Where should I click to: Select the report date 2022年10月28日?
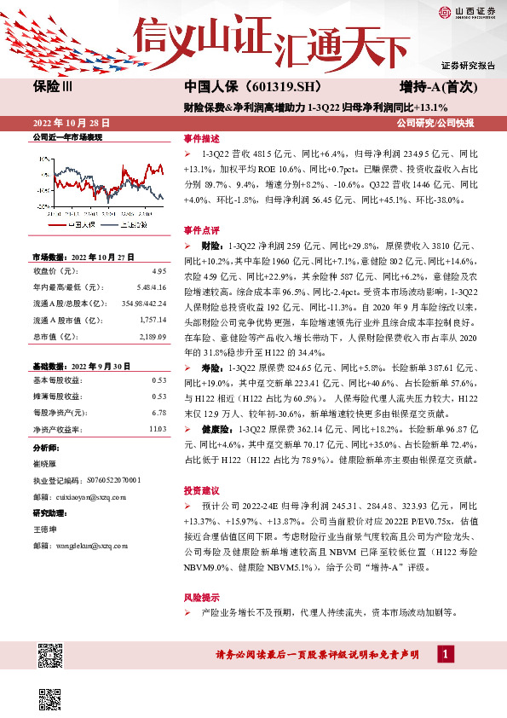point(71,123)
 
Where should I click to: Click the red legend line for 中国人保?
point(58,224)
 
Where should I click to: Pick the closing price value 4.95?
point(159,271)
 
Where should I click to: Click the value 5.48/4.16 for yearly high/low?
point(151,287)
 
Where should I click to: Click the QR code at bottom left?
point(50,657)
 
